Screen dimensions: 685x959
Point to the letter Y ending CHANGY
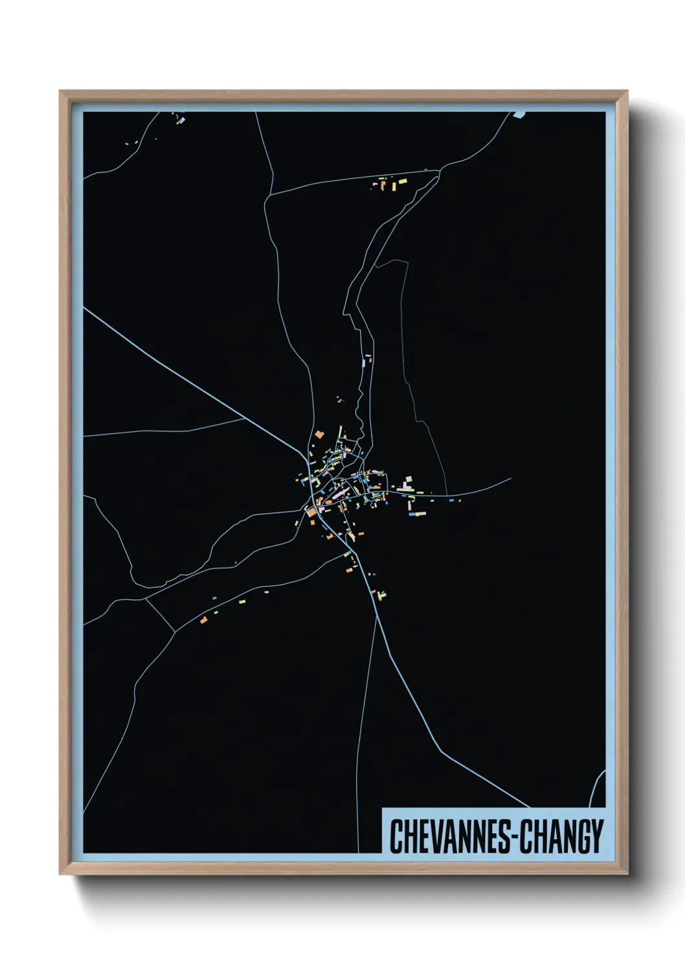[x=596, y=837]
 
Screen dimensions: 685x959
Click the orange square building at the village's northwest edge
[x=319, y=434]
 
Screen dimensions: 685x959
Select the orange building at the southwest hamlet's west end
[x=203, y=620]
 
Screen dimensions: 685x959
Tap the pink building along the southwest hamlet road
[x=266, y=591]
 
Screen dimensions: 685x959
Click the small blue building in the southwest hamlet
[x=214, y=598]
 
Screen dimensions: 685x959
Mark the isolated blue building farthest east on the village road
[x=459, y=500]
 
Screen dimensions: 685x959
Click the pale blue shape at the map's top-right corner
[x=519, y=115]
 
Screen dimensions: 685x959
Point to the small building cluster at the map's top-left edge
[x=178, y=119]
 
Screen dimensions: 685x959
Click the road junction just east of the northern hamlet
[x=440, y=170]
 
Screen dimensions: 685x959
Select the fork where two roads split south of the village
[x=376, y=616]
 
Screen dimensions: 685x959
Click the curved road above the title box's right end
[x=597, y=787]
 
